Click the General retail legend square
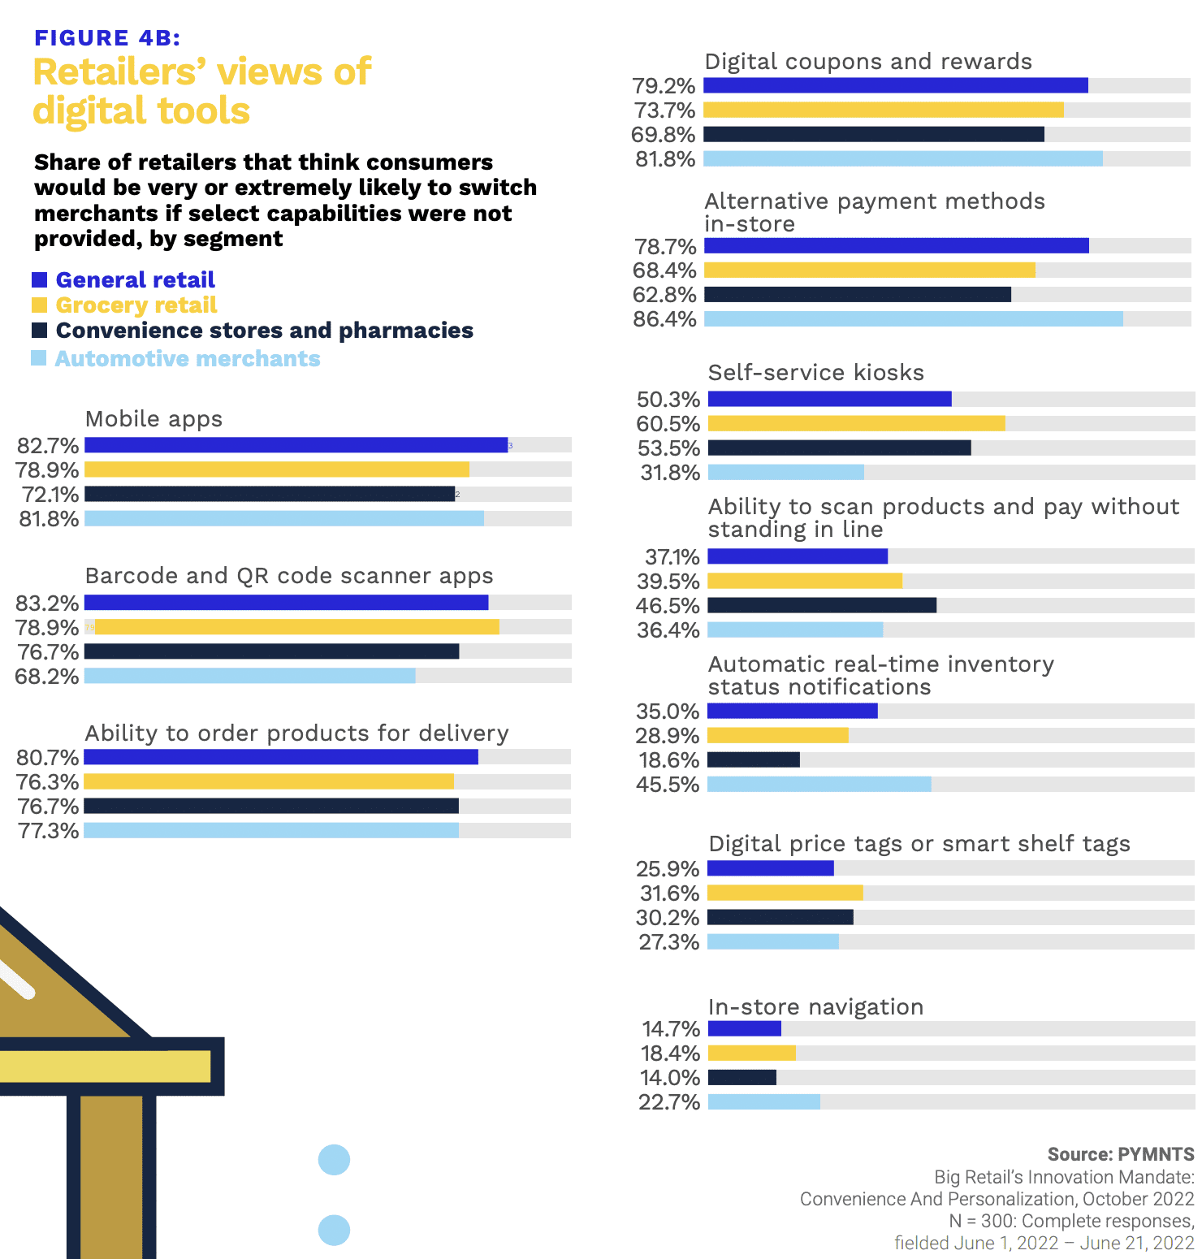point(39,280)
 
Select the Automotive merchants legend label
point(188,359)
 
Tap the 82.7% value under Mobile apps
point(48,446)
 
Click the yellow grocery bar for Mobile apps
point(277,469)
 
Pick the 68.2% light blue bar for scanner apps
point(250,676)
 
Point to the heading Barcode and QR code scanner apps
point(289,576)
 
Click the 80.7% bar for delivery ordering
point(281,757)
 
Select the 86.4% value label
point(664,319)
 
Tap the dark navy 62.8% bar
point(858,295)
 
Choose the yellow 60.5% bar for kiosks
point(856,423)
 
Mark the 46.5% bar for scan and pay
point(822,605)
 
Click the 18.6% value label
point(668,760)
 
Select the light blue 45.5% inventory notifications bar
point(819,785)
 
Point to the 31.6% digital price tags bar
point(785,893)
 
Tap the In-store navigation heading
point(815,1007)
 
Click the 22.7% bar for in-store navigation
point(764,1102)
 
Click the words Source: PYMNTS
point(1120,1154)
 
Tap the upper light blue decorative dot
point(334,1160)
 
